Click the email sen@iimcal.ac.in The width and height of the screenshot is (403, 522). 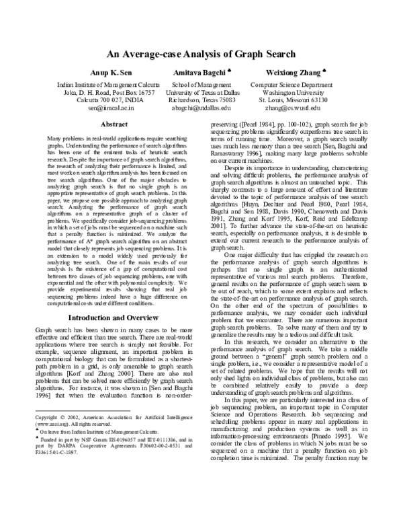109,107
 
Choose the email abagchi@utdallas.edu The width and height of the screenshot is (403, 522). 201,107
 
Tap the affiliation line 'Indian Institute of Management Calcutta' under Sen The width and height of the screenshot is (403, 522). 109,85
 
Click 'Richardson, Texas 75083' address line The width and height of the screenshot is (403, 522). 201,100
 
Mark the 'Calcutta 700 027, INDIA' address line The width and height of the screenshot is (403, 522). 109,100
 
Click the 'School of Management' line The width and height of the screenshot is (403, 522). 201,85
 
